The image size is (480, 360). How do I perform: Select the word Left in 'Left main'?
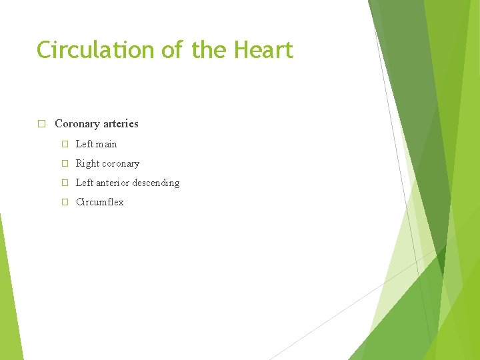(x=85, y=144)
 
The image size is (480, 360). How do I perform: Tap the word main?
(x=107, y=144)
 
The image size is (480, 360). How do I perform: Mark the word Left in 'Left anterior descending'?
(x=85, y=183)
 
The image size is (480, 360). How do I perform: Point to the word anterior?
(x=114, y=183)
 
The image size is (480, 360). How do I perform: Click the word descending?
(x=157, y=183)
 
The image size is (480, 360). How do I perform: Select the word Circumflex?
(x=100, y=202)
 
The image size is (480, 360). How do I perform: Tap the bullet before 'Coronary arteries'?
(x=41, y=124)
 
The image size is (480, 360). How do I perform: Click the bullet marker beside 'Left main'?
(x=65, y=144)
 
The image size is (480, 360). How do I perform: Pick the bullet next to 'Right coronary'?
(x=65, y=163)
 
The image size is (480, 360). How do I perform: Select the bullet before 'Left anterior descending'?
(x=65, y=183)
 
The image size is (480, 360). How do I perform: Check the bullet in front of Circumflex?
(x=65, y=202)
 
